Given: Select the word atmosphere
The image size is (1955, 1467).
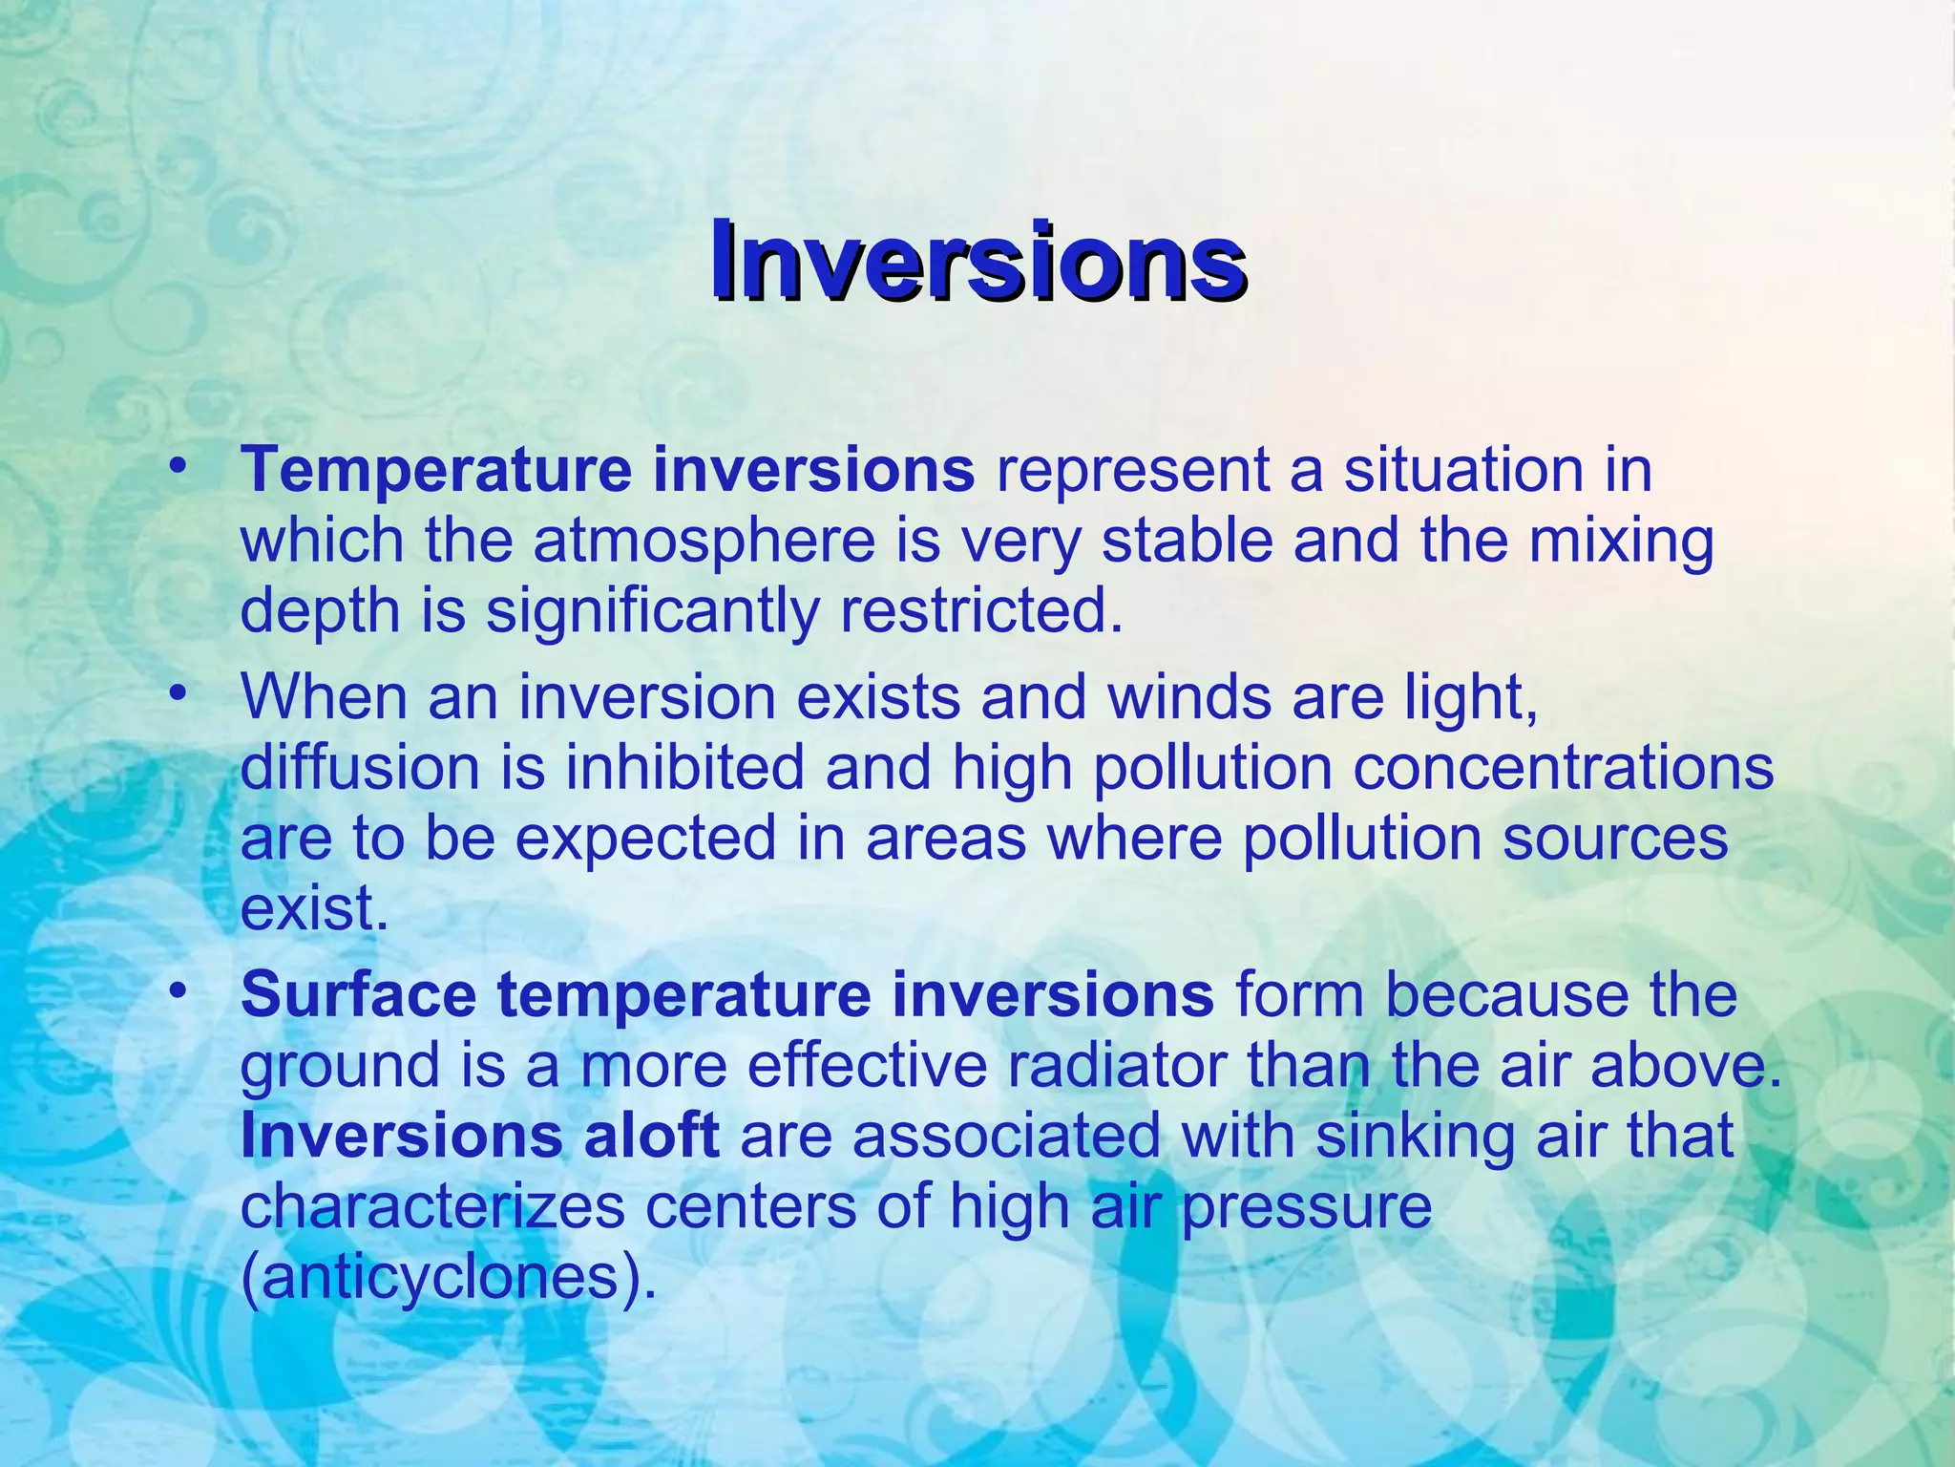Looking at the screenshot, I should (x=704, y=541).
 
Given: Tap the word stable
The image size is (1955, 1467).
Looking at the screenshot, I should (x=1187, y=541).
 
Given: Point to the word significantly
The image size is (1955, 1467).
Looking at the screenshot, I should (x=652, y=612).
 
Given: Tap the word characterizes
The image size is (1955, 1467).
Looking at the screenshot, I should (x=431, y=1207).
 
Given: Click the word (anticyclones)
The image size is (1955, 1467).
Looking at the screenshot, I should (x=449, y=1279).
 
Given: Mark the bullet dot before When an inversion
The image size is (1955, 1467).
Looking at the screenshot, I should (x=176, y=693).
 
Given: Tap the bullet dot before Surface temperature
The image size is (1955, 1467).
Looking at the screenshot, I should (x=176, y=991).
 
